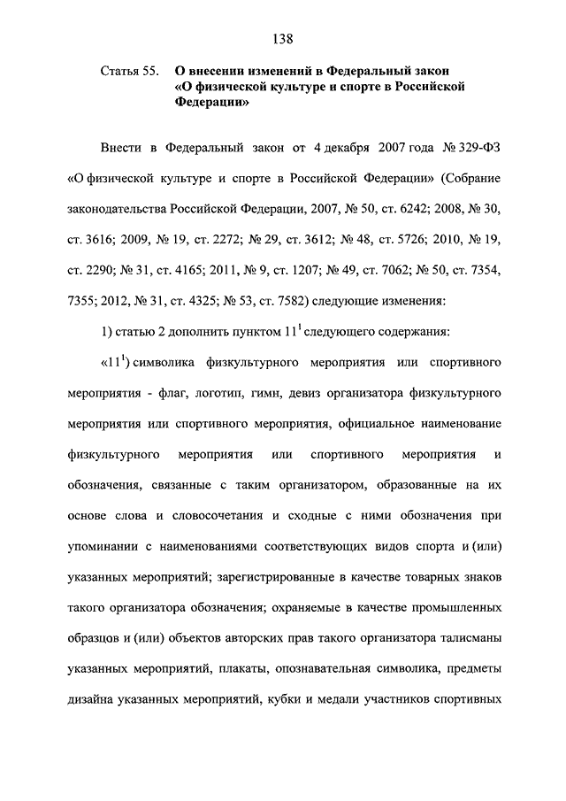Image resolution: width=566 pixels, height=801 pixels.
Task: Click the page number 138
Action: (283, 38)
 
